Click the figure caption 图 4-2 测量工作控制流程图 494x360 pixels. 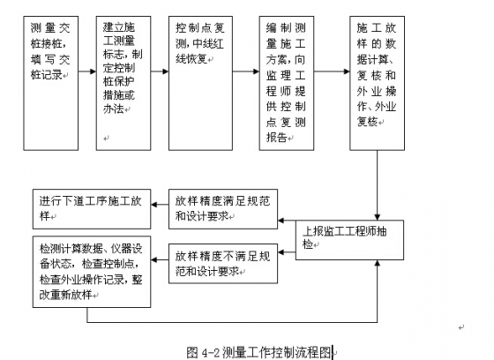click(261, 350)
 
